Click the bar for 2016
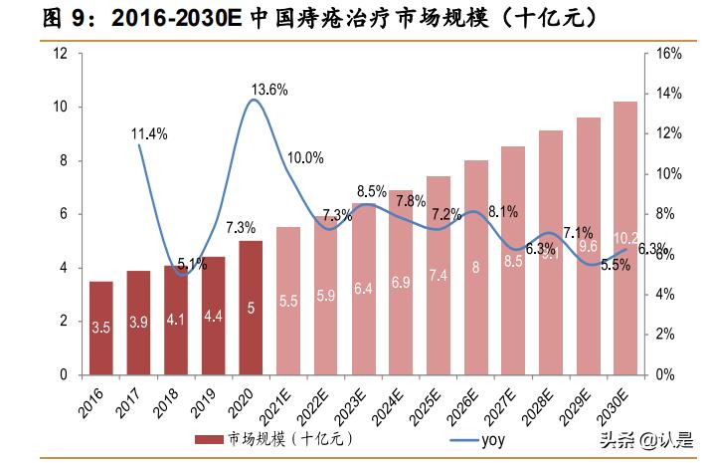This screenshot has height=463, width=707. (x=100, y=328)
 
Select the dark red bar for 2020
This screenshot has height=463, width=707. (x=251, y=308)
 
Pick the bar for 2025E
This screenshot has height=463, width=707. (x=439, y=276)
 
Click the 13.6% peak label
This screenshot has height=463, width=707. (x=269, y=90)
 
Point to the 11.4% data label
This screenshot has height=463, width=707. (x=149, y=132)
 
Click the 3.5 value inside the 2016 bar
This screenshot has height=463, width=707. (x=100, y=327)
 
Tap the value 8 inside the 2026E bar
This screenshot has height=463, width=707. (x=476, y=267)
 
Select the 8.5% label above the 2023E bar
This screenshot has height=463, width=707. (x=371, y=191)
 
